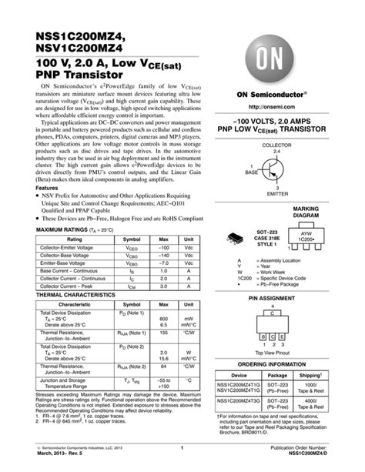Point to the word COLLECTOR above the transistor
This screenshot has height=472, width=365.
coord(276,146)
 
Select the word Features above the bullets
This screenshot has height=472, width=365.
coord(47,188)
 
